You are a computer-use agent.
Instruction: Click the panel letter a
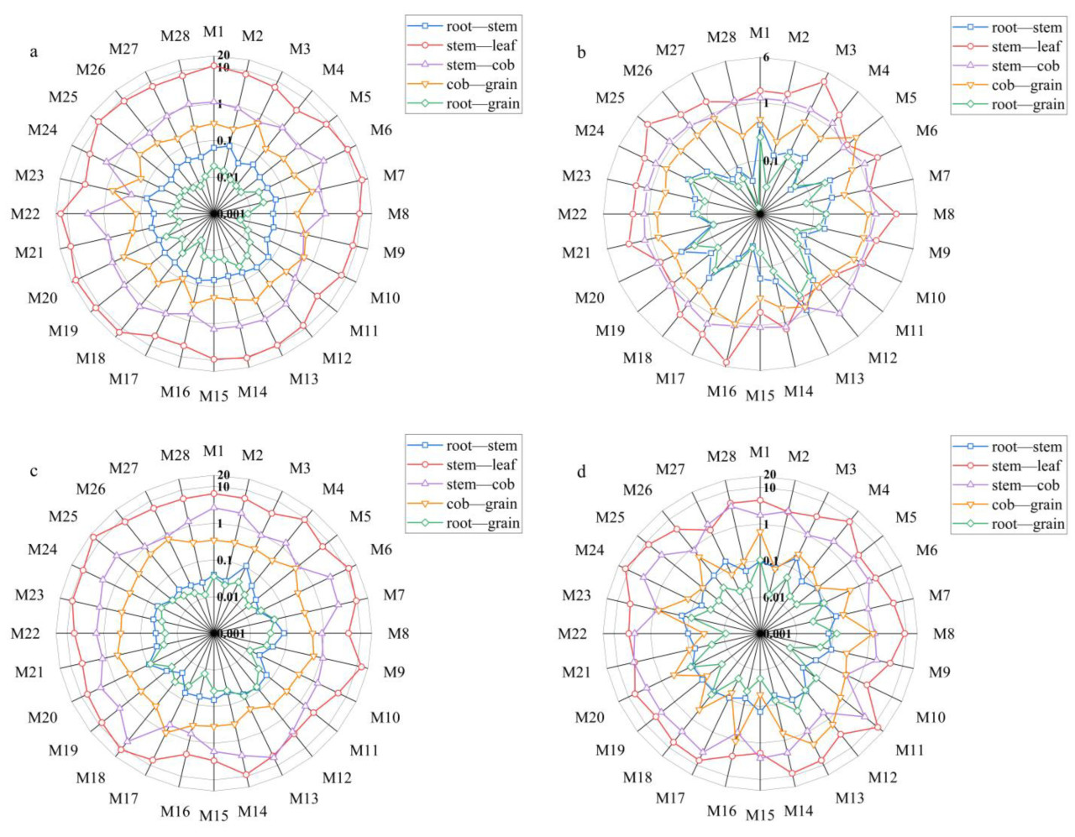[x=34, y=52]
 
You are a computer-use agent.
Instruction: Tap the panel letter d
[x=581, y=472]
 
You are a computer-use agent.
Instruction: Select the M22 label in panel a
[x=25, y=214]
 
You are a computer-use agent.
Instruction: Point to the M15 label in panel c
[x=213, y=815]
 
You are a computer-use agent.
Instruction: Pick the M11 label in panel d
[x=910, y=751]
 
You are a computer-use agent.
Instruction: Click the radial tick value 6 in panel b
[x=766, y=58]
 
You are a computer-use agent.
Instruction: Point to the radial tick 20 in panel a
[x=223, y=55]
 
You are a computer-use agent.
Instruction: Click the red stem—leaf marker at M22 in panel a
[x=60, y=214]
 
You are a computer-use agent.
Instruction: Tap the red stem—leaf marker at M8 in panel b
[x=896, y=214]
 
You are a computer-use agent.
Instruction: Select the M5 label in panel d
[x=905, y=517]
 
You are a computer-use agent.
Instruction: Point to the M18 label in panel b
[x=637, y=358]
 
